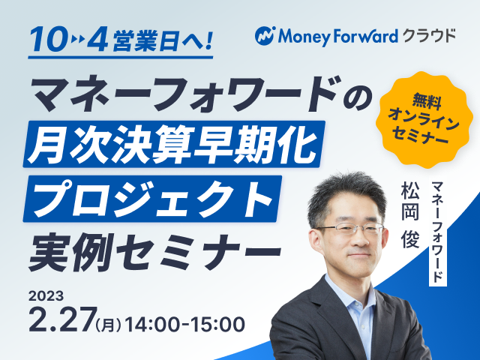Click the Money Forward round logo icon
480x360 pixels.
pos(265,36)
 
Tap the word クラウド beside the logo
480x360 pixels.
pos(429,36)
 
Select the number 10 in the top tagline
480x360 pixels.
pos(48,39)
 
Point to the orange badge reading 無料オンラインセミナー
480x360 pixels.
pos(422,119)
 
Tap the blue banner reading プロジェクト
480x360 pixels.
pos(152,199)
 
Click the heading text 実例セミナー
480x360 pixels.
pos(155,252)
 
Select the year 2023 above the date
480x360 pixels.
pos(46,296)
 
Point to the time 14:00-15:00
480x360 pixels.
pos(185,324)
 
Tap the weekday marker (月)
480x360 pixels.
pos(108,325)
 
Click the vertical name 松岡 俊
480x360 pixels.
pos(410,214)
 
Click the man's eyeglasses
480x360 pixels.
pos(350,228)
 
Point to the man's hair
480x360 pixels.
pos(346,196)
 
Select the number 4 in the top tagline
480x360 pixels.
pos(97,39)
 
